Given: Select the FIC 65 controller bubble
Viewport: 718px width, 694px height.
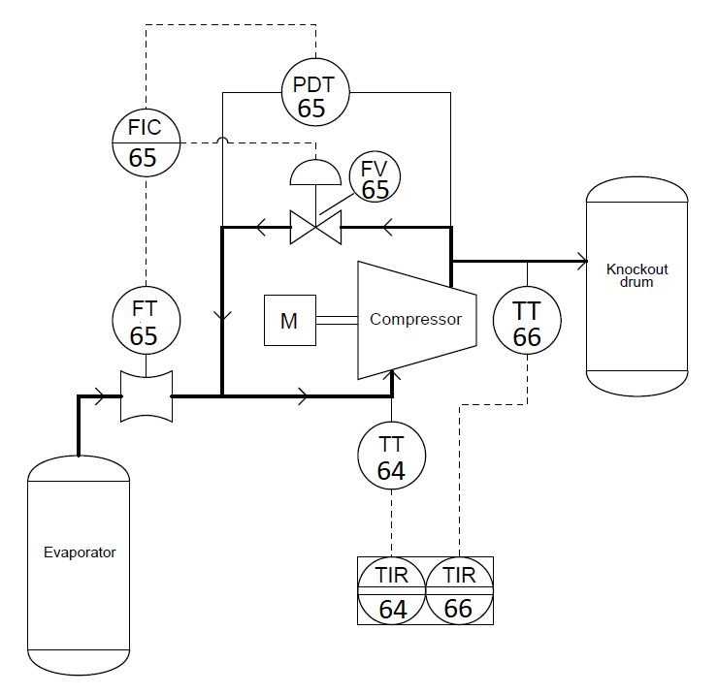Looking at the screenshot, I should (143, 142).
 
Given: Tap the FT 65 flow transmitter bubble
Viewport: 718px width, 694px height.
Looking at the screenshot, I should (144, 322).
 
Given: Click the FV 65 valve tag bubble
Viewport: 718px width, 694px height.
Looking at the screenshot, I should (375, 177).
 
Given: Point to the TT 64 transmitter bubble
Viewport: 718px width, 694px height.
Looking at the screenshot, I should (391, 457).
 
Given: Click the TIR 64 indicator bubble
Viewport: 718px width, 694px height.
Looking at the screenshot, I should (392, 590).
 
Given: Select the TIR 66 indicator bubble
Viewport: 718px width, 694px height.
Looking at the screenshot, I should (459, 590).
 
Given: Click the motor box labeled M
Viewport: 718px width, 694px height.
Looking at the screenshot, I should (289, 321).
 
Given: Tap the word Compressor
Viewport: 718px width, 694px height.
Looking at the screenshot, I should (416, 319).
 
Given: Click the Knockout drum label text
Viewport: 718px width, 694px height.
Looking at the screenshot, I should (636, 275).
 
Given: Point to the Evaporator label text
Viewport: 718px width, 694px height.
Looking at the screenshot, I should (80, 552).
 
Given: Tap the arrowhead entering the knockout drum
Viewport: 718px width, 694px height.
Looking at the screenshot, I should (582, 261).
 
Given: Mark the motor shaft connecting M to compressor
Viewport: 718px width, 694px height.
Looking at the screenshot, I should (337, 321).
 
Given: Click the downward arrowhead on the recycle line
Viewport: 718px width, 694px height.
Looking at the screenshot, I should (222, 316).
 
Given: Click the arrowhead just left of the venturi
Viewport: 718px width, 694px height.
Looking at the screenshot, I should (99, 395).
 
